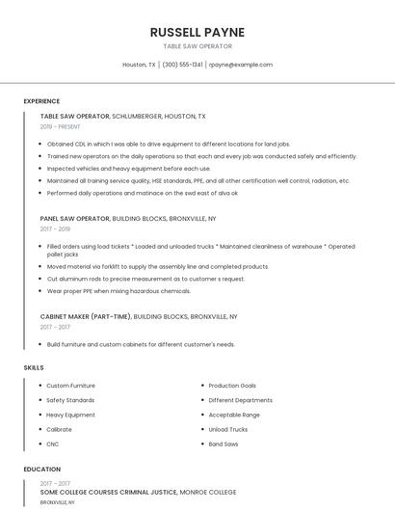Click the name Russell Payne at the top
197,32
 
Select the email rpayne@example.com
240,65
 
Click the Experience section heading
41,101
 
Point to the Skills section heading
33,367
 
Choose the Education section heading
41,470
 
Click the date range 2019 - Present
61,126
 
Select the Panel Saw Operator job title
75,219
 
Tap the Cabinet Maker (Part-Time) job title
86,316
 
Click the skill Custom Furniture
70,386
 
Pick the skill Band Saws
224,444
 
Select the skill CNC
53,444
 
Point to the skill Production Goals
232,386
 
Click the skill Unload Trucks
227,429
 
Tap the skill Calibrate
59,429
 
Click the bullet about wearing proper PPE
118,290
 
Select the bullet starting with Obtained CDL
168,144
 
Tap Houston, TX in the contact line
139,65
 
